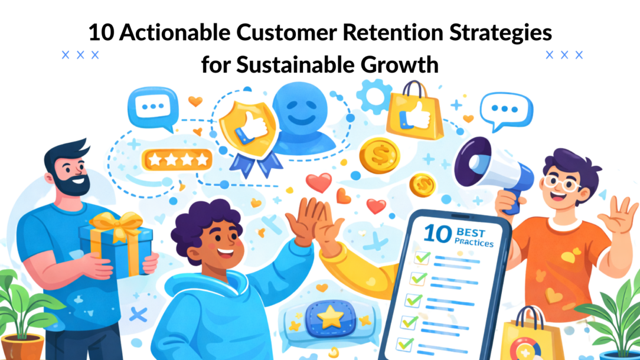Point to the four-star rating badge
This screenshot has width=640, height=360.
tap(176, 159)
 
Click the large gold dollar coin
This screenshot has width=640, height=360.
tap(379, 155)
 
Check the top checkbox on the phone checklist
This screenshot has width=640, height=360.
tap(422, 258)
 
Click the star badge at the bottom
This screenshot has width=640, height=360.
tap(328, 317)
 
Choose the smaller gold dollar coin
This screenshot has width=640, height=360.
tap(423, 185)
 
